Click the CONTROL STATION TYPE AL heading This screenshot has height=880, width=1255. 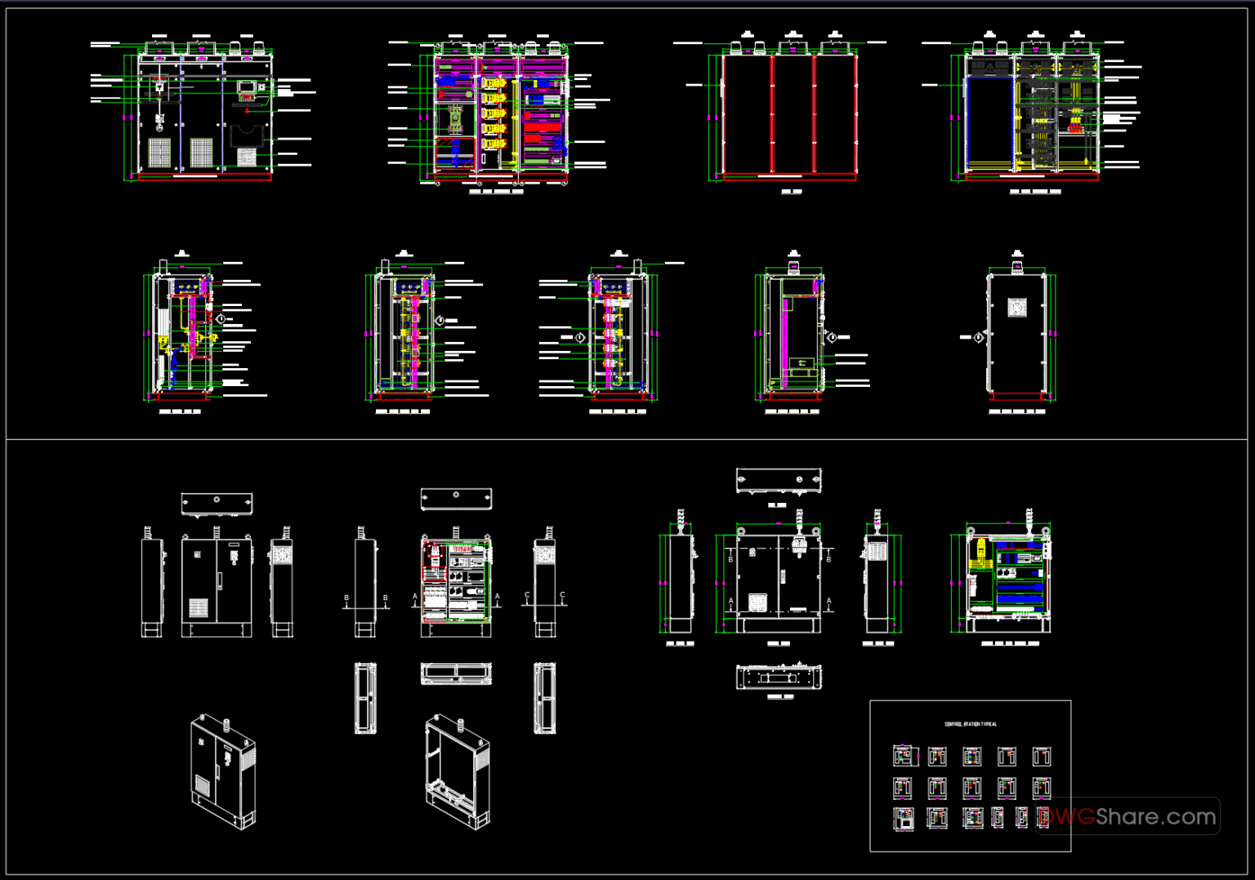[971, 724]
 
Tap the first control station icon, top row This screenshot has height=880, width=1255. [904, 756]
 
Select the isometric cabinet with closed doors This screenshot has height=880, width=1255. [222, 771]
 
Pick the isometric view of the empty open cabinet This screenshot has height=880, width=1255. [457, 771]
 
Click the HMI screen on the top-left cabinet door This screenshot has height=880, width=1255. [246, 86]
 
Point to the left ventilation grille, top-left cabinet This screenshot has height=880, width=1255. [159, 152]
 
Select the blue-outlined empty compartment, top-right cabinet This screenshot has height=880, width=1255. [989, 123]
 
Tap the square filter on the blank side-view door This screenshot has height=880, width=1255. [1016, 308]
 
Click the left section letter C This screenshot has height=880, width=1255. [527, 596]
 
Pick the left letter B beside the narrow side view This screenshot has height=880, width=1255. [346, 598]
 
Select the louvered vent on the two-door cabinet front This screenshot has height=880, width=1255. [199, 607]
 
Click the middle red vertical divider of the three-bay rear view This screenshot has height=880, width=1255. [814, 114]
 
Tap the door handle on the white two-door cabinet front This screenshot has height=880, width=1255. [218, 580]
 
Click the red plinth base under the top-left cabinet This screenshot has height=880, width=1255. [204, 176]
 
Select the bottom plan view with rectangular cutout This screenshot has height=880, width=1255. [779, 677]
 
